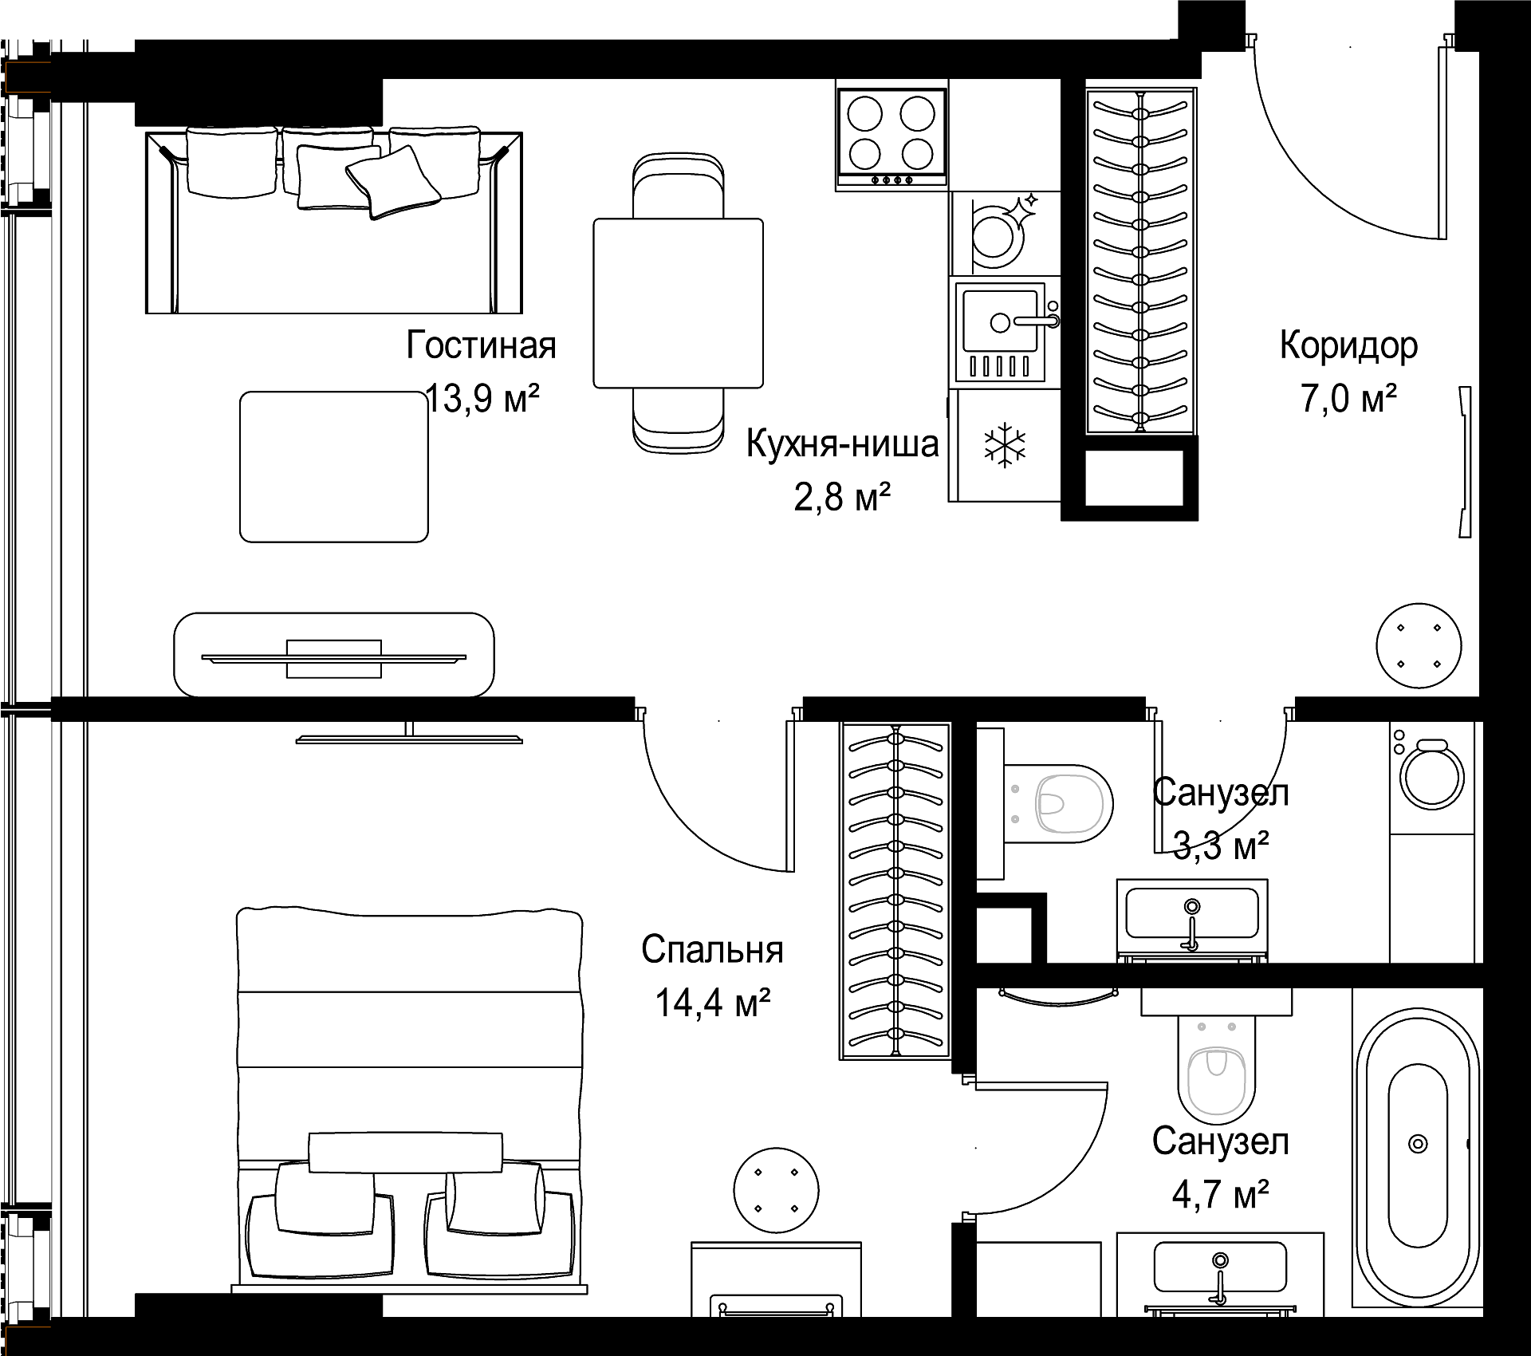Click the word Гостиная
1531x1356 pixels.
(x=481, y=346)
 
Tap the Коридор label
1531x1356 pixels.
(x=1348, y=346)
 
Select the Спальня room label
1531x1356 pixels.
(x=712, y=950)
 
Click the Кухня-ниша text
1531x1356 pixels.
(x=842, y=444)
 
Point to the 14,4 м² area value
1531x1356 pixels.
(x=712, y=1003)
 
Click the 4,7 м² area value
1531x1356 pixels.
(x=1220, y=1194)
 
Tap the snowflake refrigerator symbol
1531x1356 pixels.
(x=1006, y=446)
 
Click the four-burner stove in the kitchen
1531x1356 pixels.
(x=891, y=135)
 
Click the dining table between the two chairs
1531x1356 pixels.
(x=678, y=303)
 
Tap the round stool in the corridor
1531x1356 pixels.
(x=1419, y=645)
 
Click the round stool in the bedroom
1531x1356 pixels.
(x=776, y=1190)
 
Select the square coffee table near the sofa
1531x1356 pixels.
(x=334, y=467)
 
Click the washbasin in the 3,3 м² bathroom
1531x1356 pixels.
(x=1192, y=919)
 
